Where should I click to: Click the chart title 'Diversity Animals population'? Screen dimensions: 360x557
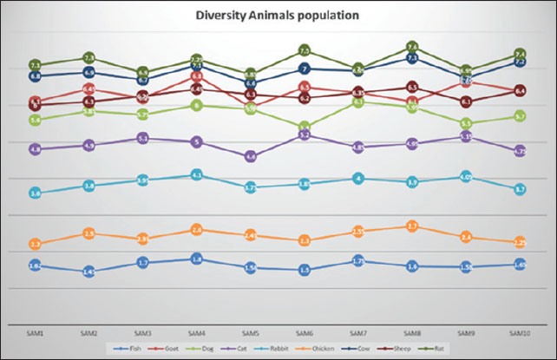coord(278,15)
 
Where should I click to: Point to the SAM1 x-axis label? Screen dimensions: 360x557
coord(36,332)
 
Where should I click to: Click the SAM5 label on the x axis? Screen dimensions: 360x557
coord(250,332)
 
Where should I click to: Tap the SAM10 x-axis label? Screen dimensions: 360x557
coord(519,332)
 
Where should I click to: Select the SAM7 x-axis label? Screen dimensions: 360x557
coord(357,332)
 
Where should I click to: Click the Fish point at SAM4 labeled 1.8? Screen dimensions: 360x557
coord(197,259)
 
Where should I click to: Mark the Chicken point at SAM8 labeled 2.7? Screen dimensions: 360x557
coord(412,227)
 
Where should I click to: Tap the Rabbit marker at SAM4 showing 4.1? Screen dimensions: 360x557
coord(197,175)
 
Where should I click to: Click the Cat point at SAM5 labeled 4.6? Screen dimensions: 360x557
coord(251,156)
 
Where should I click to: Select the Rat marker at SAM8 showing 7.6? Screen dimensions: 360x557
coord(412,47)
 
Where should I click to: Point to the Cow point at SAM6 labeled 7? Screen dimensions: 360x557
coord(305,69)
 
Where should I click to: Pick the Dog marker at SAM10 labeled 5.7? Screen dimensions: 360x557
coord(520,116)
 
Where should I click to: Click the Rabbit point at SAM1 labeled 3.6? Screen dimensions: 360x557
coord(36,193)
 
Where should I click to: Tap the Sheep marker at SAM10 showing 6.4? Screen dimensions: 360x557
coord(520,90)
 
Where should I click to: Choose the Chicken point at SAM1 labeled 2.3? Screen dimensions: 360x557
coord(36,244)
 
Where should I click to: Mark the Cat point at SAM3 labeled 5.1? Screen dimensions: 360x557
coord(143,138)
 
